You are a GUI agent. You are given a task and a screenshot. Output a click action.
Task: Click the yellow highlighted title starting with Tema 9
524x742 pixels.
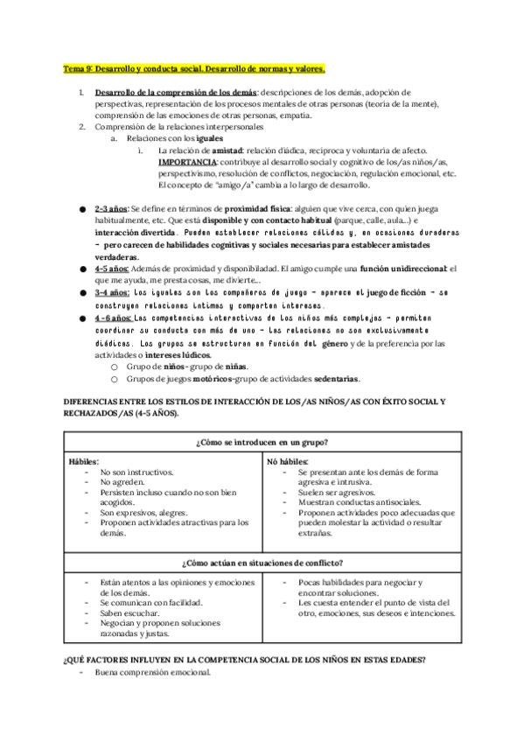194,67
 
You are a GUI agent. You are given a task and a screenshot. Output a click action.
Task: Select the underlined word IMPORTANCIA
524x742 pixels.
187,163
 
